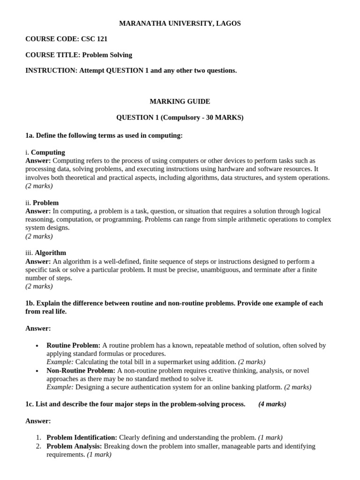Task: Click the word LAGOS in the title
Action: coord(230,23)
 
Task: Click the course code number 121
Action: coord(102,39)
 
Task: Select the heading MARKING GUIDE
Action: coord(180,101)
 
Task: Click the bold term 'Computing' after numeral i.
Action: coord(48,152)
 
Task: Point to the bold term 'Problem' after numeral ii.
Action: coord(45,202)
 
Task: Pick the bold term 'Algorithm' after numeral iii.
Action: coord(50,253)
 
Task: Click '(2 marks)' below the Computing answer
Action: coord(39,186)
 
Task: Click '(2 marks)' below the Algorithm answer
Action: coord(39,286)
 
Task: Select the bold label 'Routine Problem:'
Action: coord(73,345)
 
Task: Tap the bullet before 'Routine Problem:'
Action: coord(37,345)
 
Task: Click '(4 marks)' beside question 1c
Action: coord(272,404)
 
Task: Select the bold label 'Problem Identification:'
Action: coord(82,437)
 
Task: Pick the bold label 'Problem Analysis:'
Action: coord(74,446)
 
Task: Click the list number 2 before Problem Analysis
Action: coord(39,446)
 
